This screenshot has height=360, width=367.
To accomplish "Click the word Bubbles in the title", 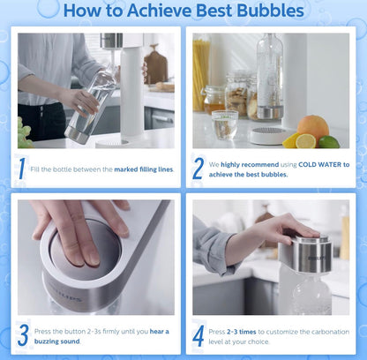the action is click(x=270, y=11).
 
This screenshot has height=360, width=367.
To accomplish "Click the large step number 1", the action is click(x=22, y=169).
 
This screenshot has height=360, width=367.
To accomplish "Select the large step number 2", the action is click(x=198, y=169).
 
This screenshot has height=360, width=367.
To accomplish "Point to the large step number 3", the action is click(x=23, y=335).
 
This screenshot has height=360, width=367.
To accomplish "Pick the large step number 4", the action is click(x=198, y=335).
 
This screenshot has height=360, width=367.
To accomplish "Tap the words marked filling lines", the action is click(x=144, y=169).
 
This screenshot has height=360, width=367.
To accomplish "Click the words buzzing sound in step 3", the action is click(x=57, y=341).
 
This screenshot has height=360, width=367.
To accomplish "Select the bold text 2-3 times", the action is click(x=242, y=332).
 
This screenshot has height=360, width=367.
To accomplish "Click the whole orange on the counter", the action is click(x=313, y=128).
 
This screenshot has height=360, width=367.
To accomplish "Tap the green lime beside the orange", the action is click(x=329, y=142).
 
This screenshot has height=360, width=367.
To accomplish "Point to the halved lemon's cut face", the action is click(x=305, y=141).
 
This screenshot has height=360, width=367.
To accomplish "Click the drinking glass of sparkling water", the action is click(x=225, y=124).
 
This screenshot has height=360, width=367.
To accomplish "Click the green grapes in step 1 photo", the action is click(x=24, y=133).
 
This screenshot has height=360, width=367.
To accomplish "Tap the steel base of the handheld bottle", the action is click(x=76, y=136).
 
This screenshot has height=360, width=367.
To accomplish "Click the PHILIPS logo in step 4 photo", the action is click(x=317, y=259).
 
